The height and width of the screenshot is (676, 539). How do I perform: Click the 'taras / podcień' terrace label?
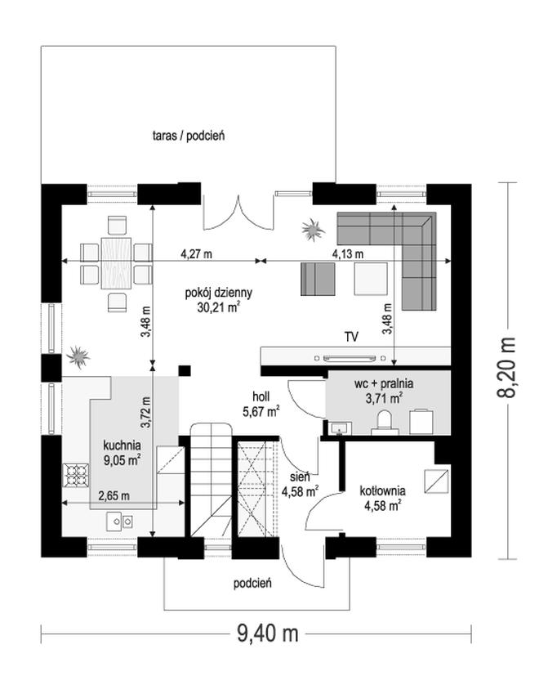[189, 136]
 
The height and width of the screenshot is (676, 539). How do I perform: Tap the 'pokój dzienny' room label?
[218, 293]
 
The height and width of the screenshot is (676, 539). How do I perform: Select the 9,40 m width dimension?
[268, 633]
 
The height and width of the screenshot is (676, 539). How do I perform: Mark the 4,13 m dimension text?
[347, 254]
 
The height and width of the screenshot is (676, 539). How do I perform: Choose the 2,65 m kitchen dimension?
[114, 496]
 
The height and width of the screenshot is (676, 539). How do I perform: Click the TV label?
[351, 337]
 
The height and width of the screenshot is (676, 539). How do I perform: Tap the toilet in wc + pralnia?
[384, 421]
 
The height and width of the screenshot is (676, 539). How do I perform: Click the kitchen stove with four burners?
[76, 475]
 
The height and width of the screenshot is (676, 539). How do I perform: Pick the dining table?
[116, 263]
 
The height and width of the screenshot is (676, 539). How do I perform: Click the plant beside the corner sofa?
[313, 230]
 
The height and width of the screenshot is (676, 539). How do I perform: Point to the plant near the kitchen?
[78, 357]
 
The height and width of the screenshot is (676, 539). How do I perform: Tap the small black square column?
[185, 371]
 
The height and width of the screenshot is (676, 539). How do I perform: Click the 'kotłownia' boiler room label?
[382, 490]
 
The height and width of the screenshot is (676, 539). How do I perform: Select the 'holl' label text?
[261, 396]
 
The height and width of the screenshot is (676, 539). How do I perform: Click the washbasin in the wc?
[341, 428]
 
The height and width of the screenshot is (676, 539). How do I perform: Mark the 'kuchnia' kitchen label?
[122, 445]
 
